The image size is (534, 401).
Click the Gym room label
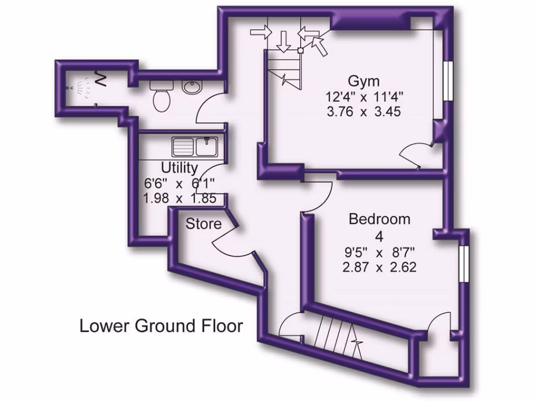363,81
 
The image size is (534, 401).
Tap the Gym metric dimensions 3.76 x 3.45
363,111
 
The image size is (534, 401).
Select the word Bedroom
379,219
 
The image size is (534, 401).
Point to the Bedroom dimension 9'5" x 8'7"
379,253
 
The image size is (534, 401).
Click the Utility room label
179,168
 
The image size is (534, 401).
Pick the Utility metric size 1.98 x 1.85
179,198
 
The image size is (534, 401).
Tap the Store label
204,224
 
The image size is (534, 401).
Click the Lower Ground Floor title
161,326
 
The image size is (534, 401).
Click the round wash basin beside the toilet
192,88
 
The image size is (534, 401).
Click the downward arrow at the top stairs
284,41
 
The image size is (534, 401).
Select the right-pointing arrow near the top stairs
261,32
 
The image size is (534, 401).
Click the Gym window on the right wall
447,81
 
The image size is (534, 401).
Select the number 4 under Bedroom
379,236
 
